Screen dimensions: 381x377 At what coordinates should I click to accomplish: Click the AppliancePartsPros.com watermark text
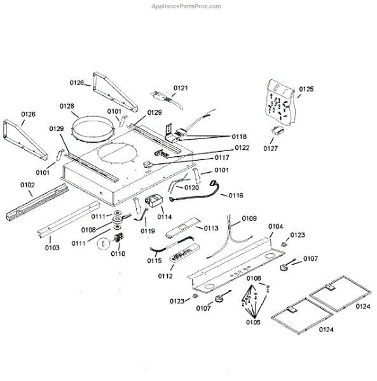click(x=188, y=6)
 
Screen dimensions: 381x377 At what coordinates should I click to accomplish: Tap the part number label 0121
click(x=181, y=88)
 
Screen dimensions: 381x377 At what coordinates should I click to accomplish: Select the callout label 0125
click(x=306, y=90)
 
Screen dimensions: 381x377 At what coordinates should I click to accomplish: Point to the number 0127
click(x=271, y=149)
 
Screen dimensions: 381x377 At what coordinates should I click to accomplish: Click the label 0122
click(x=223, y=147)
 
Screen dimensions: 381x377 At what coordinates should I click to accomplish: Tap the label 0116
click(x=236, y=196)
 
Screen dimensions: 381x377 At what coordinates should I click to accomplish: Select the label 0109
click(x=249, y=218)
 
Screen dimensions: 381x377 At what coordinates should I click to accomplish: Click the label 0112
click(x=165, y=276)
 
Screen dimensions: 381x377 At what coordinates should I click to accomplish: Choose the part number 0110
click(x=118, y=253)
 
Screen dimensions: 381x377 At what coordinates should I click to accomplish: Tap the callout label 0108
click(x=89, y=230)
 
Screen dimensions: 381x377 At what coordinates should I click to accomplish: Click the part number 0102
click(x=27, y=185)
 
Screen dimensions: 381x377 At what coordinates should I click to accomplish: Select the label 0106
click(x=254, y=279)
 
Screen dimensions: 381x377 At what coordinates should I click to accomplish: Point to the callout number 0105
click(x=253, y=322)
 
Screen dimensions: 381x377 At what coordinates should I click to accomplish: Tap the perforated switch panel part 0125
click(x=279, y=103)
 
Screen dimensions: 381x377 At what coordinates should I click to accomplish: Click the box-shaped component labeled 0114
click(x=154, y=204)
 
